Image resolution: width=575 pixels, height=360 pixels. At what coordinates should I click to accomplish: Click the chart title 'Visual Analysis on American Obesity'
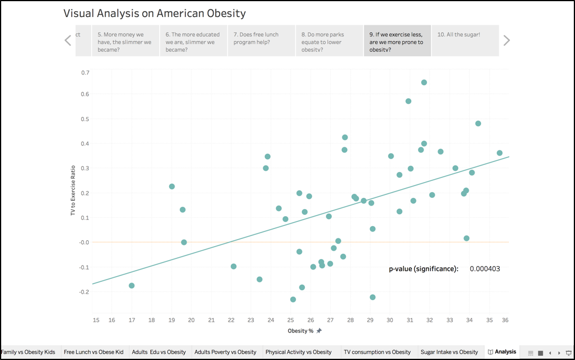tap(154, 13)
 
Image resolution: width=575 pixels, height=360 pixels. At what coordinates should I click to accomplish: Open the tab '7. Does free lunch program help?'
tap(261, 41)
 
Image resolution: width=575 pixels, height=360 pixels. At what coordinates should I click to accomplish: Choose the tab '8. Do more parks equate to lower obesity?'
tap(329, 41)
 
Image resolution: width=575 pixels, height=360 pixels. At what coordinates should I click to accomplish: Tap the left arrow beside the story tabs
tap(68, 40)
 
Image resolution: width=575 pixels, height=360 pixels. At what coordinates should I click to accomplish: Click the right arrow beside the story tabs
tap(506, 40)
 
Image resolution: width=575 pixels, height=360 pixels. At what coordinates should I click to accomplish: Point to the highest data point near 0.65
tap(424, 83)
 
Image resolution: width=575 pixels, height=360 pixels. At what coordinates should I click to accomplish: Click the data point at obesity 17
tap(132, 285)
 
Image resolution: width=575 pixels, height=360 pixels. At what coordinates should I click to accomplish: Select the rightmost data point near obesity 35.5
tap(499, 153)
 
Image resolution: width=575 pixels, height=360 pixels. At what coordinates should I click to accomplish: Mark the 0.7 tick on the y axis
tap(85, 73)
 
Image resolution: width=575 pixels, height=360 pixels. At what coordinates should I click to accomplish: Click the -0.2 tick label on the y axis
tap(85, 292)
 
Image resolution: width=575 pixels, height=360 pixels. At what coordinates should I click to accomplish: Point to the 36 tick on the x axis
tap(506, 320)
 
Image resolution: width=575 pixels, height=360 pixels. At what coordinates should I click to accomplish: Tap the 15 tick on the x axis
tap(96, 320)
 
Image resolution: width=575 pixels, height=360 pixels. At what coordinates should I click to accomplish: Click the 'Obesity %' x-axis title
tap(301, 331)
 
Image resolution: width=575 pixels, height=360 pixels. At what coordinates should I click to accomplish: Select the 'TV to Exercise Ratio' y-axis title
tap(73, 189)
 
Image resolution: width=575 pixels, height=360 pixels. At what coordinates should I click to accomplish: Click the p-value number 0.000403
tap(485, 269)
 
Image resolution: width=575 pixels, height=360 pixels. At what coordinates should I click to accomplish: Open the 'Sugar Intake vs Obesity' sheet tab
tap(449, 352)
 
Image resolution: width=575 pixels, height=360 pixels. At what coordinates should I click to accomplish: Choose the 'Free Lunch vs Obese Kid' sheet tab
tap(94, 352)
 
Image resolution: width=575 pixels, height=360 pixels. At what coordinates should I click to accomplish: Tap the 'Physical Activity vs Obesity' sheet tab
tap(298, 352)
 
